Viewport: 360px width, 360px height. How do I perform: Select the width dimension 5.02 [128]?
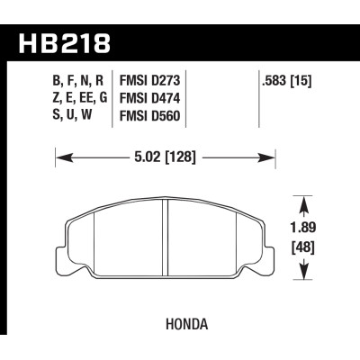(x=166, y=160)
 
